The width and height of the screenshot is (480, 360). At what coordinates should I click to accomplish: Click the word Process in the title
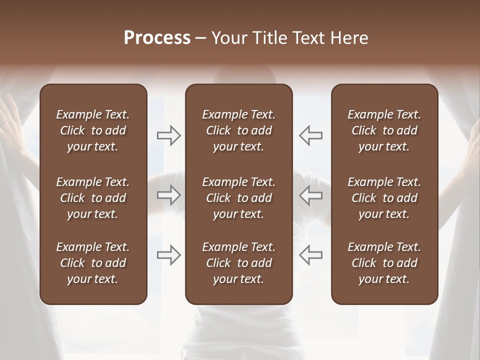pos(157,38)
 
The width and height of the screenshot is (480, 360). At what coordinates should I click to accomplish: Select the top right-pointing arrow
pos(169,135)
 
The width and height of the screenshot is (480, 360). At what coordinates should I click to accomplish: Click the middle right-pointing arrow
pos(169,195)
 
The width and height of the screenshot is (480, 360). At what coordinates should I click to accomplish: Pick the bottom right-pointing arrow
pos(169,255)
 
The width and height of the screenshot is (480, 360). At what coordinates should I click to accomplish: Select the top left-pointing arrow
pos(310,135)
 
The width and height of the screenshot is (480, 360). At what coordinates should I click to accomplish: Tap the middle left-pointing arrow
pos(310,195)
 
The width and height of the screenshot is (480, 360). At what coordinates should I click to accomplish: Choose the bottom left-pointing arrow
pos(310,255)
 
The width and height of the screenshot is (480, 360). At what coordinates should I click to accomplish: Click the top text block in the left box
pos(93,130)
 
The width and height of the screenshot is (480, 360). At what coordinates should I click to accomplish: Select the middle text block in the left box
pos(93,198)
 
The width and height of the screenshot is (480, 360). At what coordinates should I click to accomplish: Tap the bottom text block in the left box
pos(93,263)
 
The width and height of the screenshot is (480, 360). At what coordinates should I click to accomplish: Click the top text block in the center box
pos(239,130)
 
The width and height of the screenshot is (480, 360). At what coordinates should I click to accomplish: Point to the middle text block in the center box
pos(239,198)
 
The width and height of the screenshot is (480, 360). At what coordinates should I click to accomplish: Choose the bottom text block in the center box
pos(239,263)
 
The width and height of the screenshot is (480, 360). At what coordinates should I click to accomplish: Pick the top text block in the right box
pos(384,130)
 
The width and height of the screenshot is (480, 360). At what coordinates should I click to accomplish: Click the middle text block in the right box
pos(384,198)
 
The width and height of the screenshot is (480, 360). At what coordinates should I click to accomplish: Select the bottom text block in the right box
pos(384,263)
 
